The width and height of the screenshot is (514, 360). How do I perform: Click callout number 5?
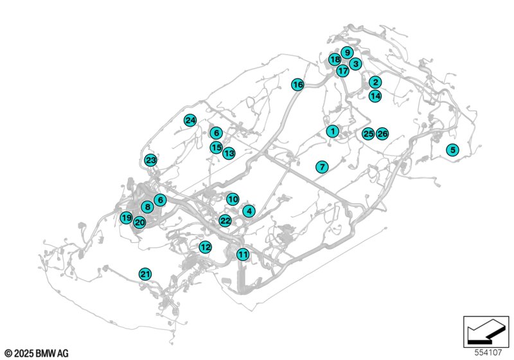pos(453,150)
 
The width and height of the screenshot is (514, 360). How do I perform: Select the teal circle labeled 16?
pos(297,85)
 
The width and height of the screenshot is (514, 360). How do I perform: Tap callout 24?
pos(190,120)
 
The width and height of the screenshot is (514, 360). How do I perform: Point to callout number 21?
pos(145,274)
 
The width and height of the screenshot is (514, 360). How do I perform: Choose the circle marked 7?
pos(322,167)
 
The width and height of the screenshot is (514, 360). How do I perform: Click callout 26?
pos(382,134)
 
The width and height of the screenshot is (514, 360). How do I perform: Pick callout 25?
pos(368,134)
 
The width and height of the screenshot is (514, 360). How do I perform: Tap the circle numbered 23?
pos(151,160)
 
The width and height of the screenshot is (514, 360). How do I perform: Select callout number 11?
pos(243,255)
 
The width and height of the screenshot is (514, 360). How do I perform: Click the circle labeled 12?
pos(205,247)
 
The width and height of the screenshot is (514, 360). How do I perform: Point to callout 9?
pos(347,53)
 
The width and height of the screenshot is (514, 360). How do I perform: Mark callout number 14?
pos(375,96)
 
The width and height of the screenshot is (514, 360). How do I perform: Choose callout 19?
pos(126,217)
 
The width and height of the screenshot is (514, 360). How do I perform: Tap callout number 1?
pos(332,131)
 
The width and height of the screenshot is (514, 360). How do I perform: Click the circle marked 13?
pos(229,153)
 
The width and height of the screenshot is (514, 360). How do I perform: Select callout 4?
pos(249,211)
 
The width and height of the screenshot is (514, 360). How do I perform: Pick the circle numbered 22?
pos(226,221)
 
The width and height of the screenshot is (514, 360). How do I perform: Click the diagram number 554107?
pos(488,352)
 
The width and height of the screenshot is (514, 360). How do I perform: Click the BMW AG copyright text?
pos(37,354)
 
